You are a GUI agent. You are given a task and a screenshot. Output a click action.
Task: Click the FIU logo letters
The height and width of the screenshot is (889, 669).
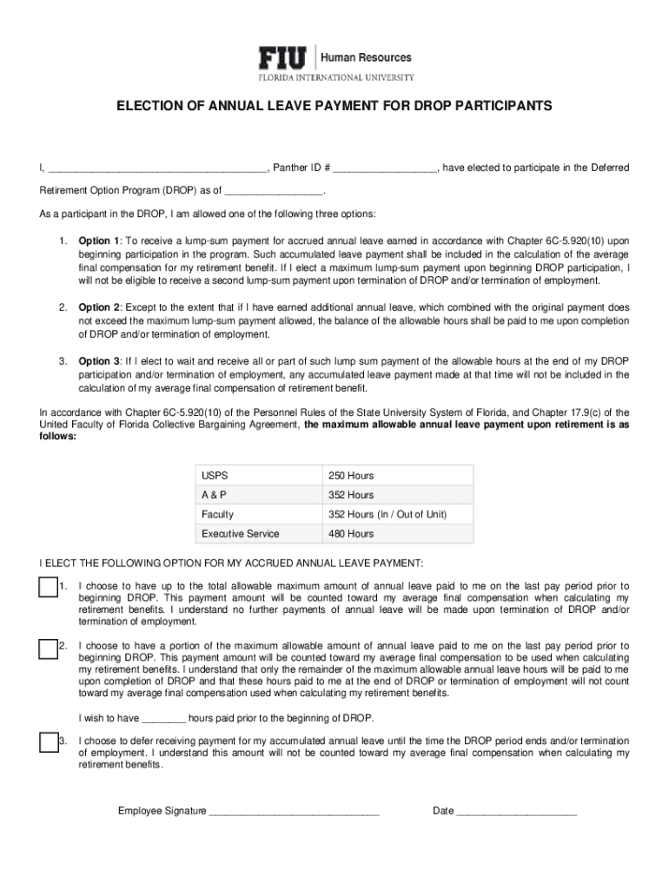pos(282,58)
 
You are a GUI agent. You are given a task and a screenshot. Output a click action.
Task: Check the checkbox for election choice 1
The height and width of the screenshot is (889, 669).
pos(49,588)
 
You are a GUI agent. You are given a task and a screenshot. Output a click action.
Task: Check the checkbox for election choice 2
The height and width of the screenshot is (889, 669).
pos(49,648)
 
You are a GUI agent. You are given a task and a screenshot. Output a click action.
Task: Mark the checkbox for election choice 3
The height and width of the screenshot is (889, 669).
pos(49,742)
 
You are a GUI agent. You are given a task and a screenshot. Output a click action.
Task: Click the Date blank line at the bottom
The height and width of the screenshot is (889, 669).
pos(516,813)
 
